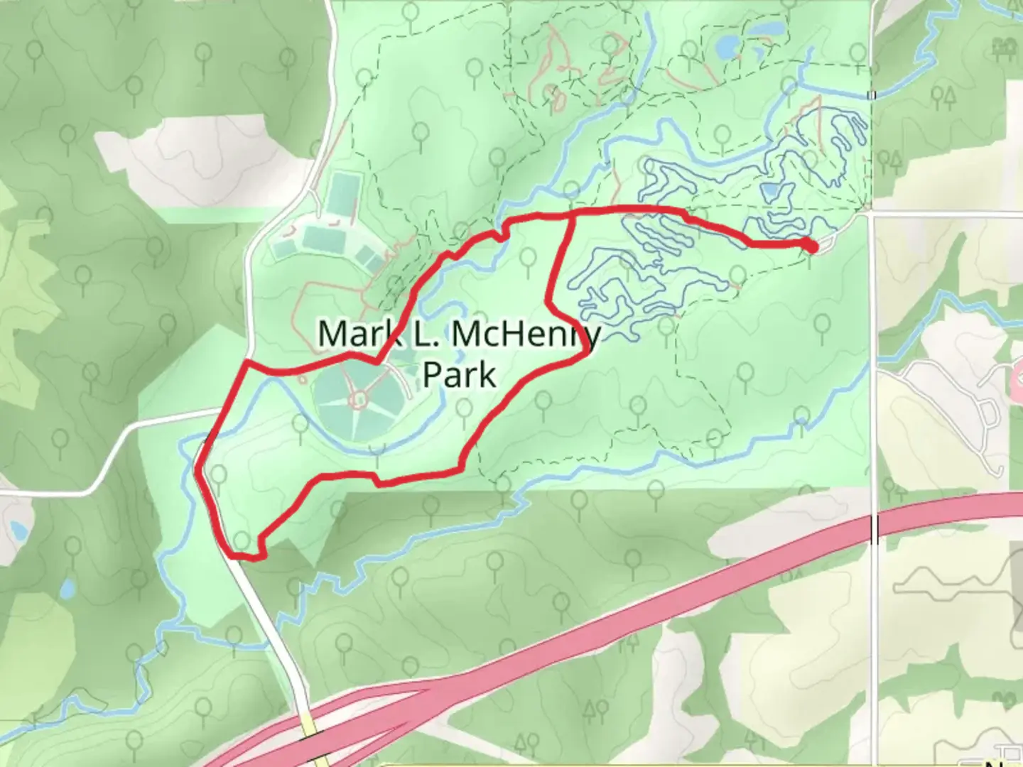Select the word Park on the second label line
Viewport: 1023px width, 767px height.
[x=459, y=374]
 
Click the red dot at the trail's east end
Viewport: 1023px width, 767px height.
[x=811, y=246]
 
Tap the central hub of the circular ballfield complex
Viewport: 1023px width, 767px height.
[x=359, y=399]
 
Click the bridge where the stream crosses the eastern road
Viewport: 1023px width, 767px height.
[x=872, y=95]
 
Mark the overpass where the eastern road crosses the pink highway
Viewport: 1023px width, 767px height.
[x=875, y=529]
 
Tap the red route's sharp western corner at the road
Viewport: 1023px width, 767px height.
[x=246, y=363]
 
